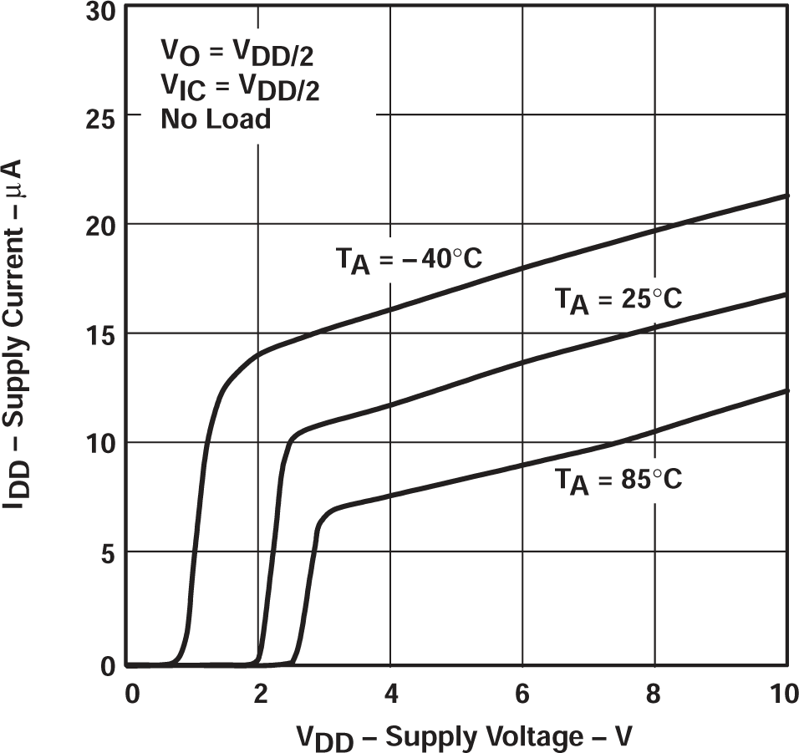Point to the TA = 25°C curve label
pos(618,298)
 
